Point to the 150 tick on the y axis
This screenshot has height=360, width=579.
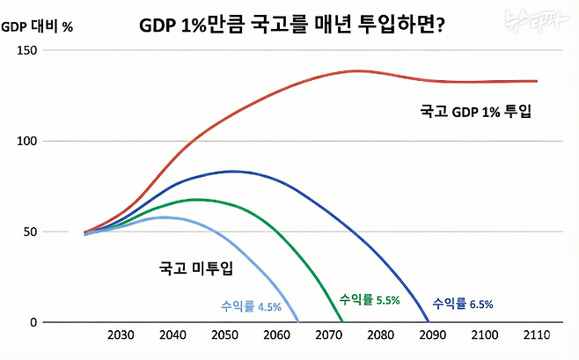pos(27,51)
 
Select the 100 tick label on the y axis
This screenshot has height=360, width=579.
pos(27,142)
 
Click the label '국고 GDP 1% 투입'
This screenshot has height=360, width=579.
pos(478,113)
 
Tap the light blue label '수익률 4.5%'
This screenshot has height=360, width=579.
pos(251,306)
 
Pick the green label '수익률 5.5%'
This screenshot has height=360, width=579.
pos(370,299)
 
